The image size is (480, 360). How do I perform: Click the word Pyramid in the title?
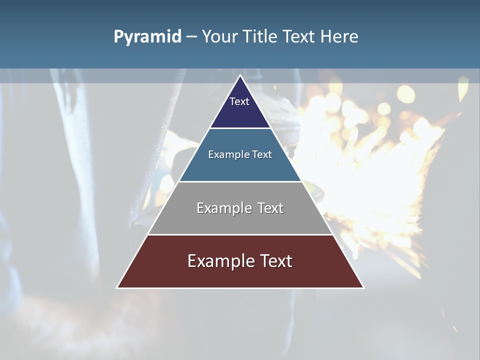pyautogui.click(x=147, y=37)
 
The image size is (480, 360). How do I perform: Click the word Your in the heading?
pyautogui.click(x=219, y=37)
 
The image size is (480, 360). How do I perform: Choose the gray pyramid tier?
pyautogui.click(x=240, y=220)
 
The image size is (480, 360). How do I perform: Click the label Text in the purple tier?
pyautogui.click(x=239, y=101)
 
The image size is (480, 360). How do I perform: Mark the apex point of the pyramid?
pyautogui.click(x=240, y=75)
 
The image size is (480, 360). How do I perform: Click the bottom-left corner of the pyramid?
pyautogui.click(x=117, y=287)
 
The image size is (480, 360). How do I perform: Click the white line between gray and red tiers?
pyautogui.click(x=240, y=234)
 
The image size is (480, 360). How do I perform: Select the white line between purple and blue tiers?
pyautogui.click(x=240, y=128)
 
